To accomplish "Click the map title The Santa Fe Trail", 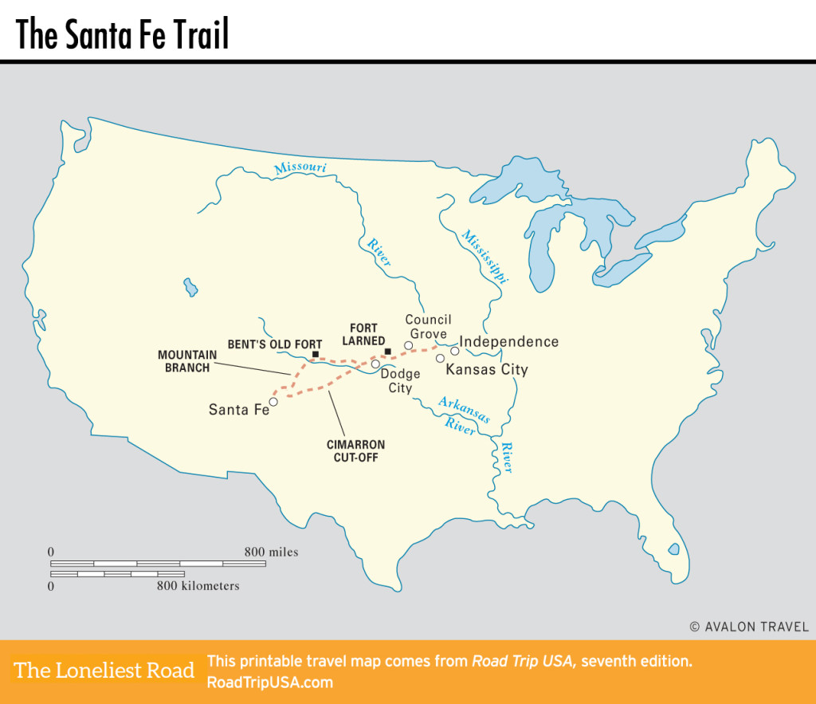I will tap(122, 34).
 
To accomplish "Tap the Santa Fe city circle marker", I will tap(273, 402).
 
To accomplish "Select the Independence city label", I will tap(509, 342).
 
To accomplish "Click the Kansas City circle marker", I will tap(440, 358).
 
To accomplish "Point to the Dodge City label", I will tap(400, 381).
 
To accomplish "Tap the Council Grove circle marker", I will tap(408, 345).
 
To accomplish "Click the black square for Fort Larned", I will tap(387, 352).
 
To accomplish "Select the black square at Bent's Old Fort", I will tap(316, 355).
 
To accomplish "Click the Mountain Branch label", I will tap(183, 361).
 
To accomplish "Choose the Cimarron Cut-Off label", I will tap(355, 450).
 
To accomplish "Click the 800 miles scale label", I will tap(271, 552).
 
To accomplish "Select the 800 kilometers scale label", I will tap(198, 586).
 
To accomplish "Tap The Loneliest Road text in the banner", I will tap(104, 671).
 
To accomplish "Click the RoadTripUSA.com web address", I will tap(269, 682).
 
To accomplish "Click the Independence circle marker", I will tap(455, 351).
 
